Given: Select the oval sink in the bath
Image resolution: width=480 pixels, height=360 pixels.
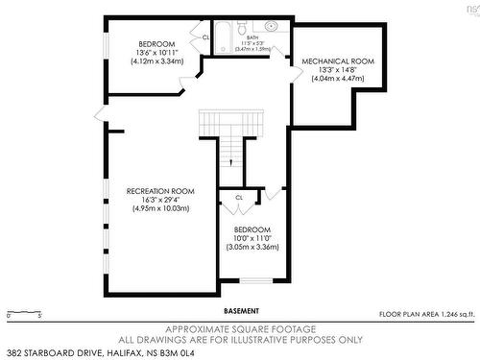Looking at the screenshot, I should coord(271,26).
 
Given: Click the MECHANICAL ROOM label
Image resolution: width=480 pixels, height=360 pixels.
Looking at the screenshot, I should coord(337,60).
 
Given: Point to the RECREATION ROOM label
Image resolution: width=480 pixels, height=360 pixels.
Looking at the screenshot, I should coord(160,190).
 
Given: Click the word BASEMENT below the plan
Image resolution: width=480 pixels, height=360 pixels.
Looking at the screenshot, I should coord(241,311).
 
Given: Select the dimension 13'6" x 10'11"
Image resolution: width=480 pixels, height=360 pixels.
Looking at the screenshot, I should coord(156,54).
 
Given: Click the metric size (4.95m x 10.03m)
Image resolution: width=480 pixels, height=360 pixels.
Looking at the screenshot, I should coord(160,208).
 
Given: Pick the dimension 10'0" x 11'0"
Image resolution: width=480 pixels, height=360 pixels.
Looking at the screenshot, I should coord(252,238).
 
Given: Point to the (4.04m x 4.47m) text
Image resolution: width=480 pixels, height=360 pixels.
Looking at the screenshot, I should coord(337,79).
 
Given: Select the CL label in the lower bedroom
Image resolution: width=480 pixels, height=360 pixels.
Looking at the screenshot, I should coord(238,197).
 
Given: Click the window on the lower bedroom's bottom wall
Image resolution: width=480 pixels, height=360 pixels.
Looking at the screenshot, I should coord(255,280).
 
